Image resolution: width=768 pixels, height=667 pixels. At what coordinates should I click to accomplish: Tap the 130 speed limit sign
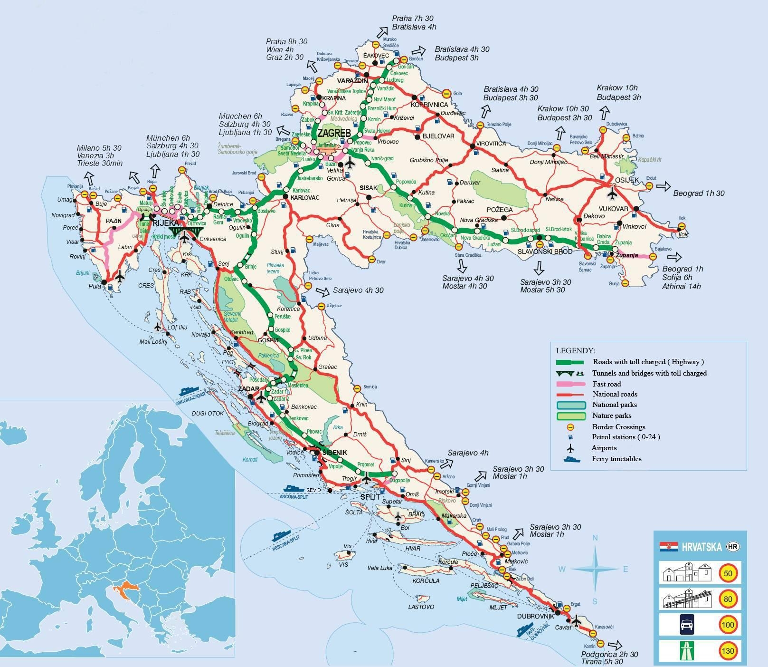pos(728,650)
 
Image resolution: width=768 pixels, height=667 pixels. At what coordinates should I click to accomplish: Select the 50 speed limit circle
pos(728,573)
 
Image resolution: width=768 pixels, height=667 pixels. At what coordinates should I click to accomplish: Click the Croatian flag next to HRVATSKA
pos(668,546)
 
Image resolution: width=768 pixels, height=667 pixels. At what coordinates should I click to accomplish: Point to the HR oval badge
pos(733,547)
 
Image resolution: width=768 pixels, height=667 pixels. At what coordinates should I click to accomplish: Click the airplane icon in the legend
pos(569,448)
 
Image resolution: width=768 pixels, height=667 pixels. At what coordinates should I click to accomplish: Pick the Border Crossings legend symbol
pos(569,427)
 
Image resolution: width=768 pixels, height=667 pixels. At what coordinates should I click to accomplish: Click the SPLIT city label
pos(370,497)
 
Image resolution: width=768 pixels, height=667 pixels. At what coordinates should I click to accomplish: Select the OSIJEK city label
pos(627,180)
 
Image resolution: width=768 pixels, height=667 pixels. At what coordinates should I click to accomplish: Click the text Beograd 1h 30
pos(699,193)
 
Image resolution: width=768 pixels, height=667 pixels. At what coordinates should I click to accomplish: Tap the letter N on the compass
pos(595,538)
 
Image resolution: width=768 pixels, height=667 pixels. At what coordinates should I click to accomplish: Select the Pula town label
pos(95,287)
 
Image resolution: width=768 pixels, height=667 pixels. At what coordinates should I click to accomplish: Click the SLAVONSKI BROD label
pos(545,251)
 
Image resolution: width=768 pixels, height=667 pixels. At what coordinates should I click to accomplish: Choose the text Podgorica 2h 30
pos(609,654)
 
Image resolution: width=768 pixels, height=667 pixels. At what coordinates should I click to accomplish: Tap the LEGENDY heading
pos(575,351)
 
